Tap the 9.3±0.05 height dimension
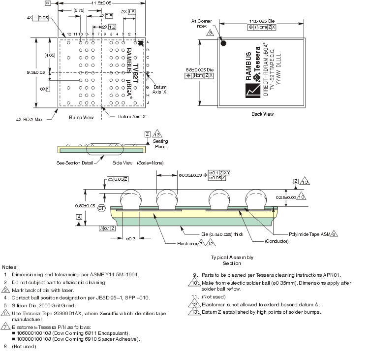tap(35, 72)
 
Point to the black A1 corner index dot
tap(223, 43)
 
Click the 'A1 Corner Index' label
tap(202, 24)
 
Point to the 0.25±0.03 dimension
tap(295, 197)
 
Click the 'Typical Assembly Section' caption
tap(232, 260)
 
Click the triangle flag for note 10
tap(194, 283)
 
